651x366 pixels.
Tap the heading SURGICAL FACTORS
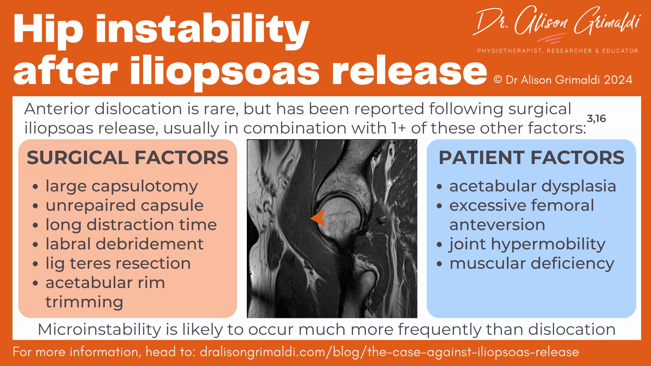click(127, 158)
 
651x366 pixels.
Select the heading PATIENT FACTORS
click(531, 158)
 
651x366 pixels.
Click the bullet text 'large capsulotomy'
click(122, 186)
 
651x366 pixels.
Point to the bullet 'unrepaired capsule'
click(124, 205)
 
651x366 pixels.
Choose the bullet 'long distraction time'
click(131, 225)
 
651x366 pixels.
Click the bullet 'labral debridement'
click(124, 244)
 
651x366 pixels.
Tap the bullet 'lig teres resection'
click(118, 263)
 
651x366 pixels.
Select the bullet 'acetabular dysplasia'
click(532, 186)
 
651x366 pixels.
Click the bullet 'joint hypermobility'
click(527, 244)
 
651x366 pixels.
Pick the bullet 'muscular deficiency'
click(532, 263)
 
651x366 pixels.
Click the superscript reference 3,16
click(596, 119)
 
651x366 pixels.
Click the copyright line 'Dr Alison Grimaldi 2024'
click(563, 80)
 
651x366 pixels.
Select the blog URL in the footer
click(389, 352)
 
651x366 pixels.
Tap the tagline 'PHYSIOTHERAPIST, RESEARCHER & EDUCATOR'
click(558, 51)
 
